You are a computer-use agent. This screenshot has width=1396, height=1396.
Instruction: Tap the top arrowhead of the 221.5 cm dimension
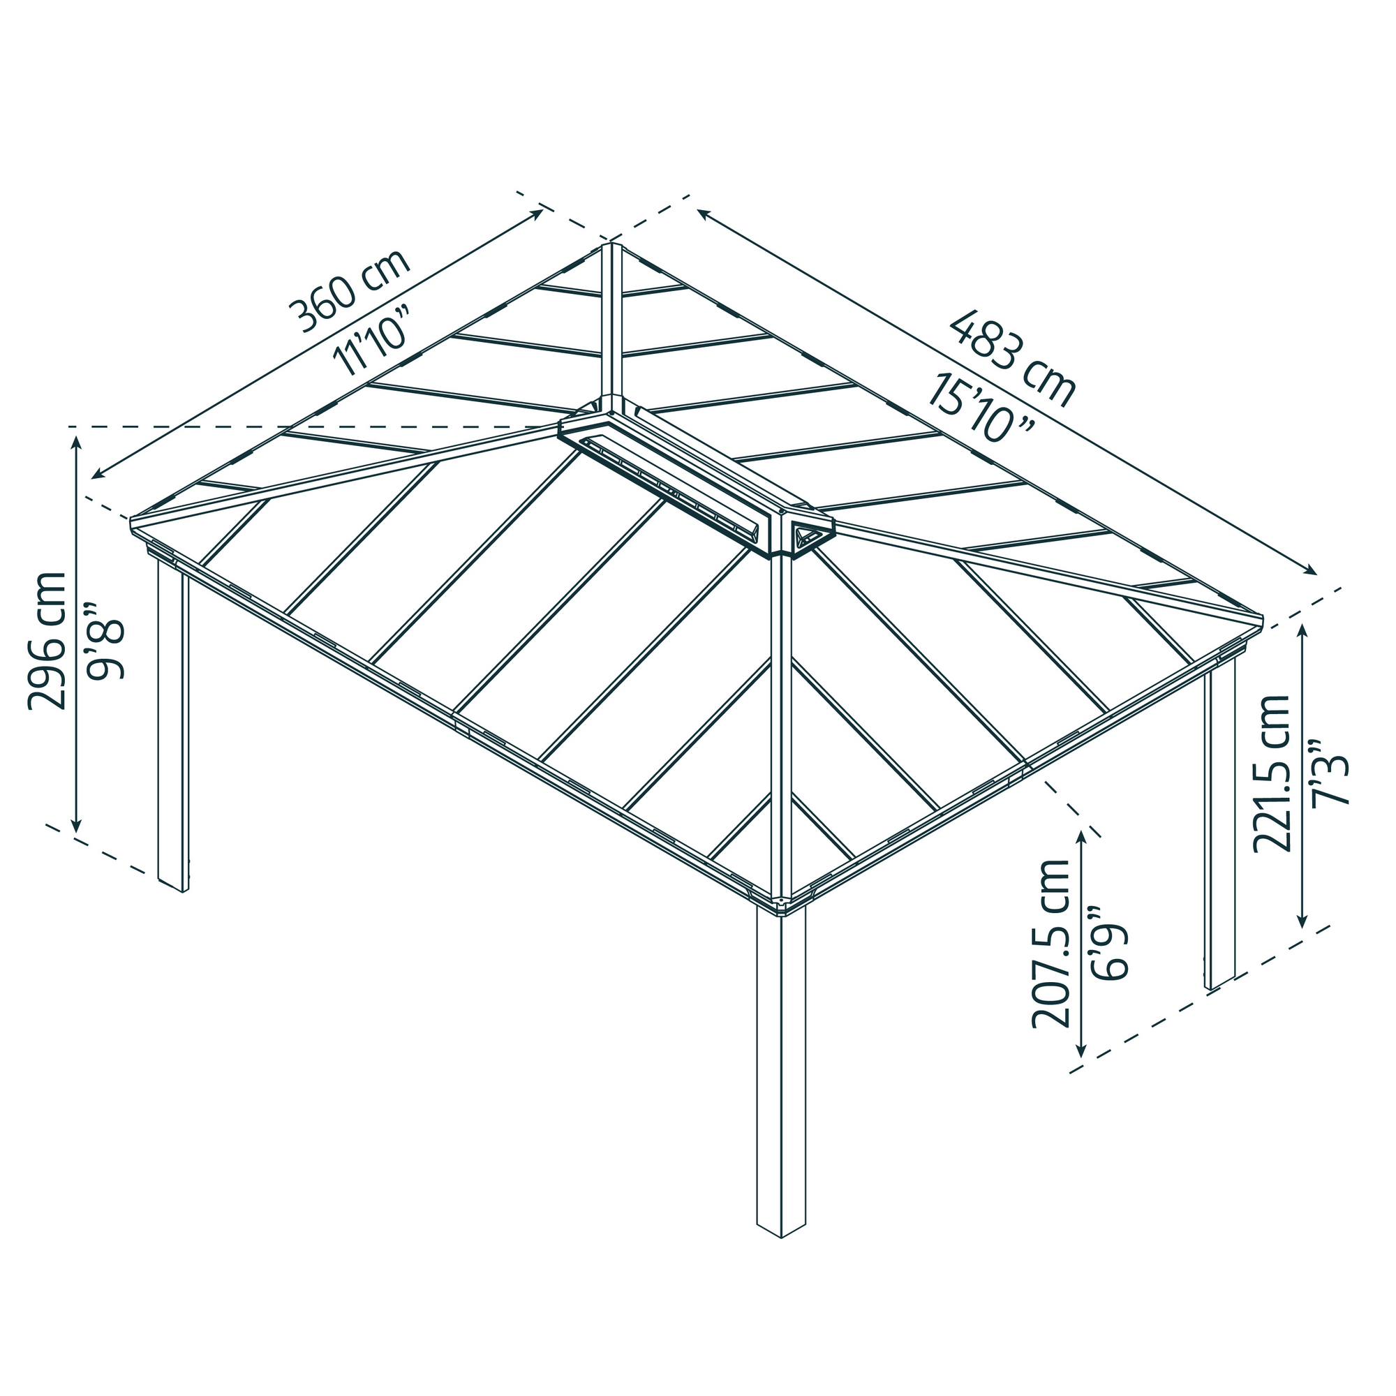(1302, 630)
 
